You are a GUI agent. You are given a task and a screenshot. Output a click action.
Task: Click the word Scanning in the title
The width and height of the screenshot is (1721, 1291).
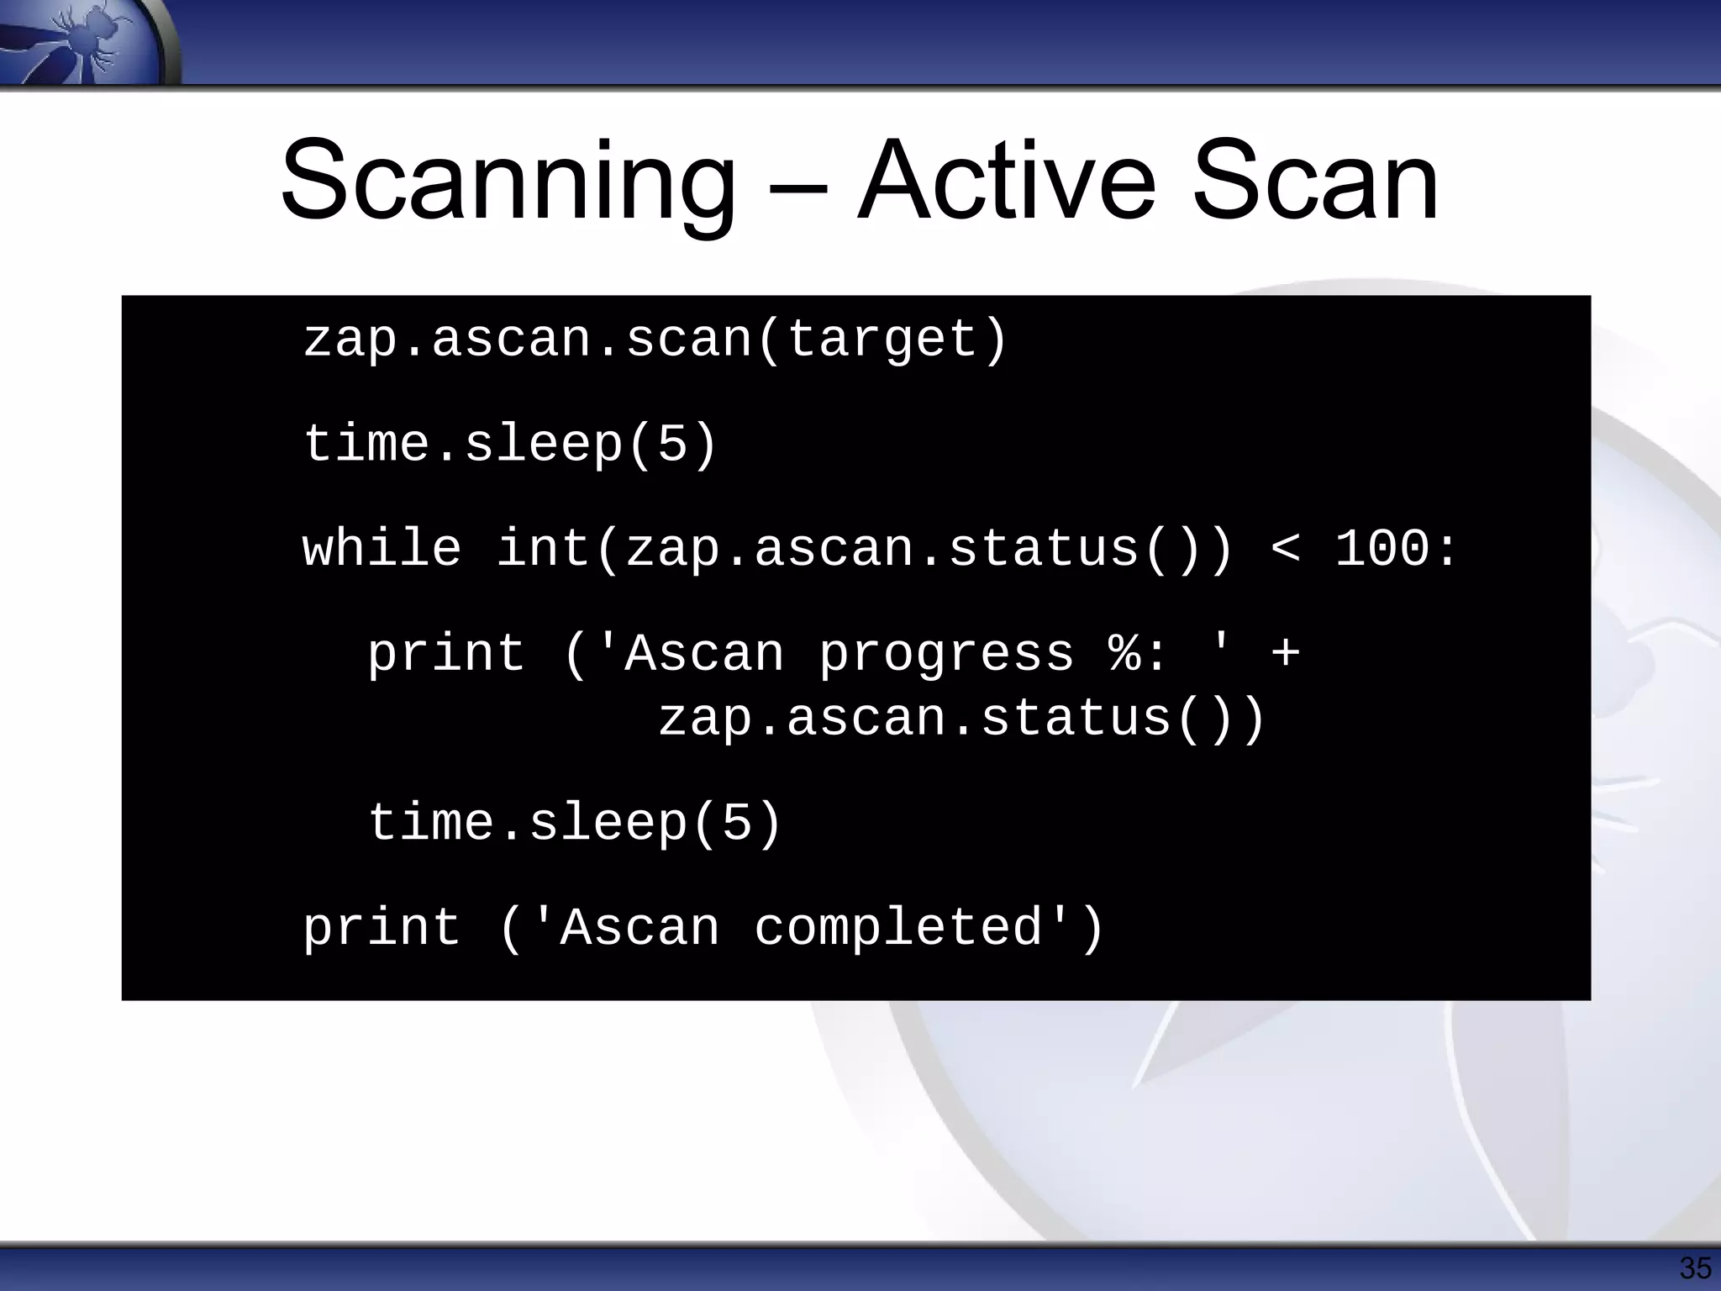point(508,182)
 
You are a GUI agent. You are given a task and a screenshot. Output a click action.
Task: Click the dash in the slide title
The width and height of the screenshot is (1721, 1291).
point(797,189)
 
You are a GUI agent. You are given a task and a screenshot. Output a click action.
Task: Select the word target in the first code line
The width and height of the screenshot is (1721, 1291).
point(882,340)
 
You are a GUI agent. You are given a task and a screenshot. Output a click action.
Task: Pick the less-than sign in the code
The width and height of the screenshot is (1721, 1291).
point(1285,551)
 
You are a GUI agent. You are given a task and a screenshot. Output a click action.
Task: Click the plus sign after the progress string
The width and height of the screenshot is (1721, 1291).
point(1286,654)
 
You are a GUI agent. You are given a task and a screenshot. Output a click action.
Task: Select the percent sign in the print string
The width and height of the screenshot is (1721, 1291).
point(1124,654)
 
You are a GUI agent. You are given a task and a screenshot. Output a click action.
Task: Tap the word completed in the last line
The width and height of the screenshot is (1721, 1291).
point(897,928)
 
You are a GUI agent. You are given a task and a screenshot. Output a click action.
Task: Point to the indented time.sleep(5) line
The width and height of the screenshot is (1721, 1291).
point(576,822)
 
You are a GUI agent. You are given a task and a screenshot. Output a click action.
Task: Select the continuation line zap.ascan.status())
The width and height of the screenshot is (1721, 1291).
point(960,719)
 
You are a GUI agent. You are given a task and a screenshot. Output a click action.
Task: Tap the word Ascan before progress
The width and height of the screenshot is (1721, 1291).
point(704,654)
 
